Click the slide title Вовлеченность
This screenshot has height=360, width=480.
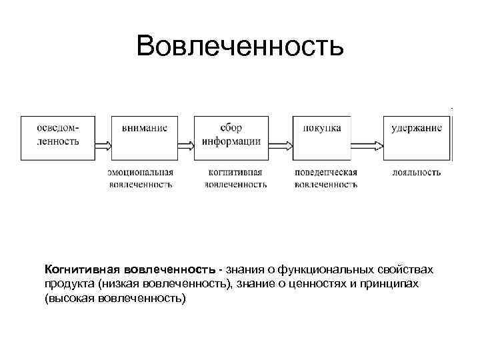pyautogui.click(x=239, y=47)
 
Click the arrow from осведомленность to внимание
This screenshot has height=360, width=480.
pyautogui.click(x=103, y=143)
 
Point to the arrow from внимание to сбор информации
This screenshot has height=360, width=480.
pyautogui.click(x=185, y=143)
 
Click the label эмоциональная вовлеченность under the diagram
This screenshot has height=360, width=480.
pyautogui.click(x=141, y=178)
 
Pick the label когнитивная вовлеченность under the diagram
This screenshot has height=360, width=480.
pyautogui.click(x=235, y=178)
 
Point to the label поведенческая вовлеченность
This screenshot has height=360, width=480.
pyautogui.click(x=325, y=178)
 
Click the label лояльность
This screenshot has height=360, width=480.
pyautogui.click(x=417, y=172)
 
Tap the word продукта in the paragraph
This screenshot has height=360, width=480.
pyautogui.click(x=69, y=284)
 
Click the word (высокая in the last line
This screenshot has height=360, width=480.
pyautogui.click(x=68, y=298)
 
